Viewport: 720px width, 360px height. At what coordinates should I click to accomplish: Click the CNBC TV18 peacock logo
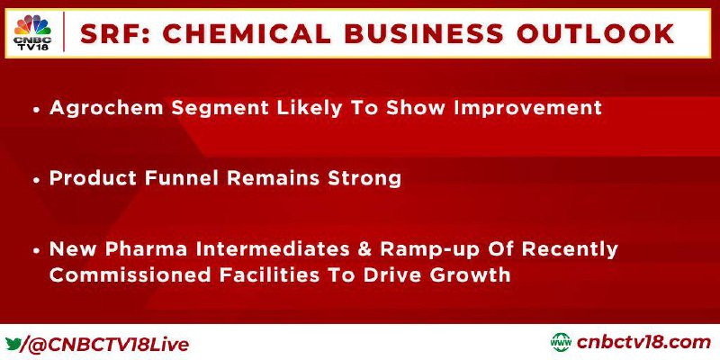(x=32, y=32)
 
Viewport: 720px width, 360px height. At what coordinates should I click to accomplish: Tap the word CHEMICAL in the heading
(x=247, y=33)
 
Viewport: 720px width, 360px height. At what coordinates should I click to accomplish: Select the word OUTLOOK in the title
(x=596, y=33)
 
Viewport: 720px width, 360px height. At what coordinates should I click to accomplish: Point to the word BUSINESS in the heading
(x=424, y=33)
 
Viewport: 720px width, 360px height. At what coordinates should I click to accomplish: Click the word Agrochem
(x=106, y=108)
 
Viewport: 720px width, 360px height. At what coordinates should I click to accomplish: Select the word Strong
(x=364, y=178)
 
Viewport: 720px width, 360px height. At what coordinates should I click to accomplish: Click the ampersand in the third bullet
(x=365, y=249)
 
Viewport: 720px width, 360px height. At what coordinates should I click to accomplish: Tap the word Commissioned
(x=130, y=275)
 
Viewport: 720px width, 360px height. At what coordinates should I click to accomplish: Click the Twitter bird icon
(x=12, y=344)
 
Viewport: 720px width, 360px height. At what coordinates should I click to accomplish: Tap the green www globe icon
(x=561, y=343)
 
